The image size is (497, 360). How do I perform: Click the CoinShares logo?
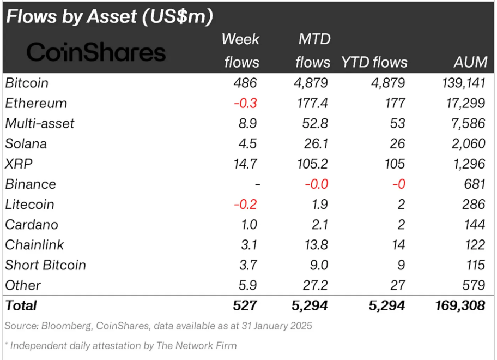point(96,52)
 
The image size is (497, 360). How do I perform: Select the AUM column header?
point(470,62)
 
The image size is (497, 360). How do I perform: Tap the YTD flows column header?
point(374,62)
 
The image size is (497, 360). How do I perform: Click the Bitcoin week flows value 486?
point(245,83)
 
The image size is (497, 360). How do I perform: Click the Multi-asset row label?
point(40,123)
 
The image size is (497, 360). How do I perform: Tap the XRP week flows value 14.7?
point(245,164)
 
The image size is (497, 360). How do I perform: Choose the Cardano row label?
point(32,224)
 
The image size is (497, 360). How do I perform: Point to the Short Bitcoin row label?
point(46,265)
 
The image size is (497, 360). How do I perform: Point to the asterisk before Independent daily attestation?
point(7,345)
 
